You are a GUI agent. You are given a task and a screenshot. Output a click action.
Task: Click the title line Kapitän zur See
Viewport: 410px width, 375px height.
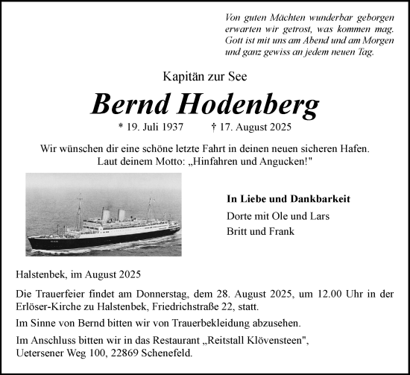[x=204, y=75]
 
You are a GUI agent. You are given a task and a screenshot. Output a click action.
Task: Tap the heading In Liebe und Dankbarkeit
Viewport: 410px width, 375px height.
[x=288, y=199]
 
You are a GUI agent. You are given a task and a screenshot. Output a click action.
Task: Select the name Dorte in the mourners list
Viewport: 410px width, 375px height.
[x=239, y=215]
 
